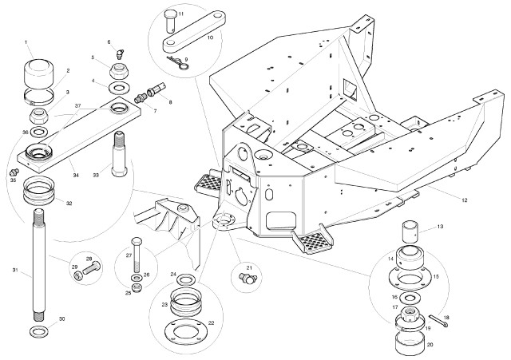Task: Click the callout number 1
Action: coord(26,42)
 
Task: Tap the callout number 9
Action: coord(185,60)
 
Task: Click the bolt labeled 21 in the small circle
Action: coord(246,278)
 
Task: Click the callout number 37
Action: coord(78,105)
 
